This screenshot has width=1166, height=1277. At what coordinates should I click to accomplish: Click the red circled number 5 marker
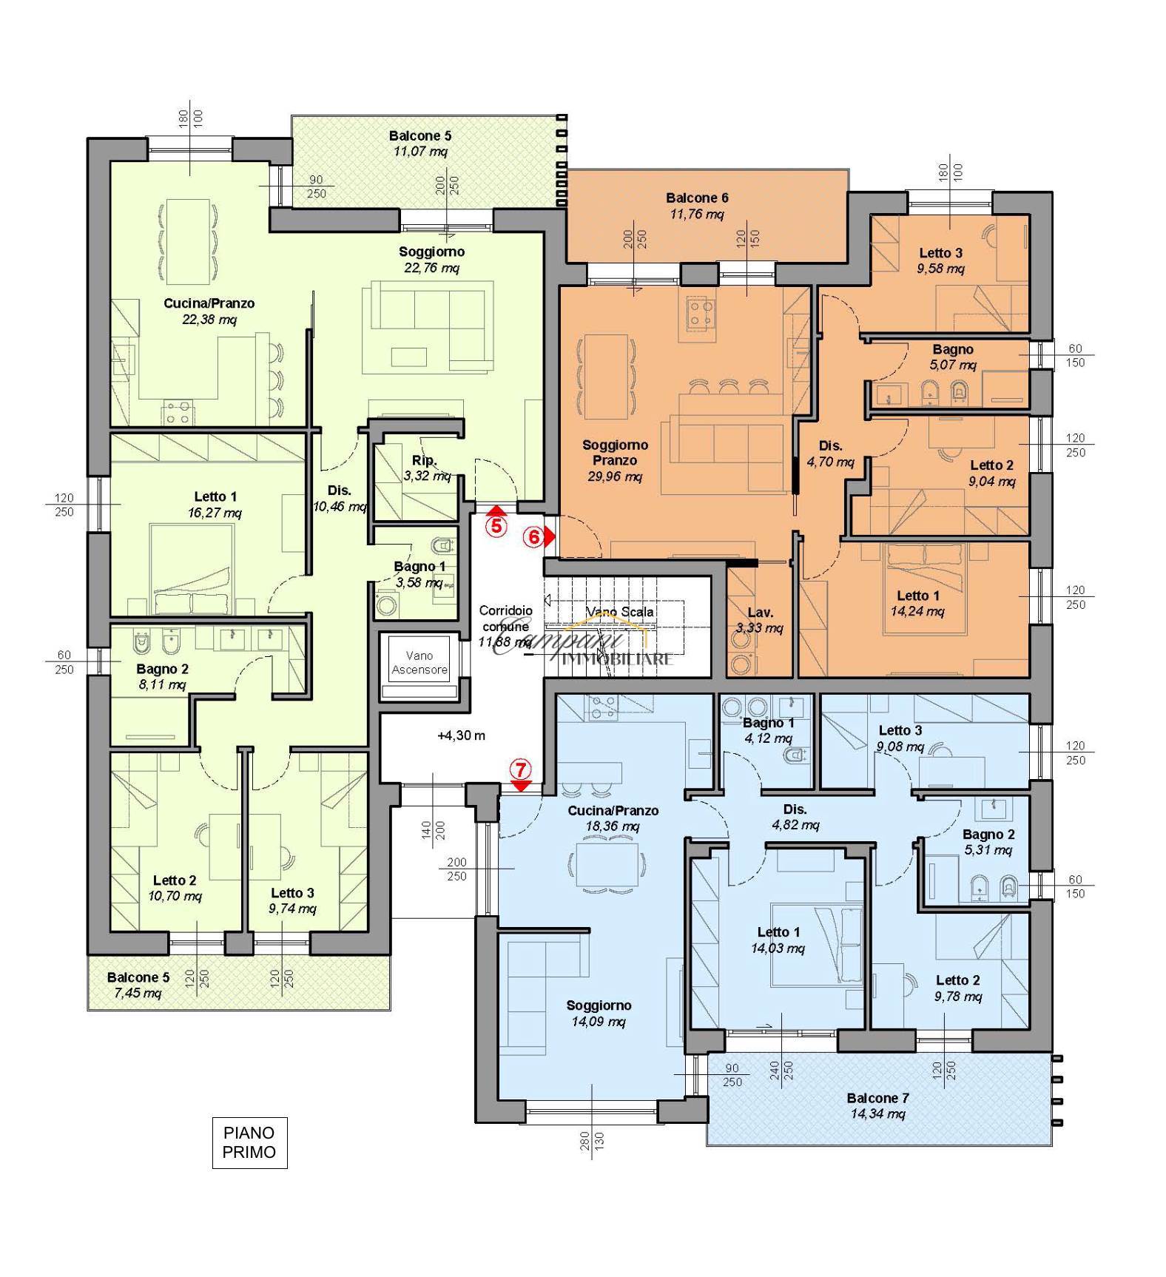497,526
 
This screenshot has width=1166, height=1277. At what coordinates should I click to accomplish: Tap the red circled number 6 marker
533,537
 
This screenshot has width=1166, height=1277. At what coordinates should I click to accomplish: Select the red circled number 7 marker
521,769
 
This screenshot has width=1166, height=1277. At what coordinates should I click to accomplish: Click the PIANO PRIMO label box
249,1142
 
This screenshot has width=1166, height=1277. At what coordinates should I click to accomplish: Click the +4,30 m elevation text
461,736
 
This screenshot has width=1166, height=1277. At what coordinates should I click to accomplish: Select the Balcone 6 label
697,198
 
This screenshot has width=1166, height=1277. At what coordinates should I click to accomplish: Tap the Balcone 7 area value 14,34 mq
877,1114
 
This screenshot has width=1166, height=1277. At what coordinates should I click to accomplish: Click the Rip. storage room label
424,460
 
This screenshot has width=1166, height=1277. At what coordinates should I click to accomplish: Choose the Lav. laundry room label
760,613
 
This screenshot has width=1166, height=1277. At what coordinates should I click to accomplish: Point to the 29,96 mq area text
615,476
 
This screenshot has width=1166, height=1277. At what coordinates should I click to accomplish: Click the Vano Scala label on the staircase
620,612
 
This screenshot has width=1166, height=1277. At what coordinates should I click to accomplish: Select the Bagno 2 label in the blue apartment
988,835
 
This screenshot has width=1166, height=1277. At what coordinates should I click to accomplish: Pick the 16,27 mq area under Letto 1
215,513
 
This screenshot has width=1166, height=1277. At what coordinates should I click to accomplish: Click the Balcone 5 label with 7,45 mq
138,977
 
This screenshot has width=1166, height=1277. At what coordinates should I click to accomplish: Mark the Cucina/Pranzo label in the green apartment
209,303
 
